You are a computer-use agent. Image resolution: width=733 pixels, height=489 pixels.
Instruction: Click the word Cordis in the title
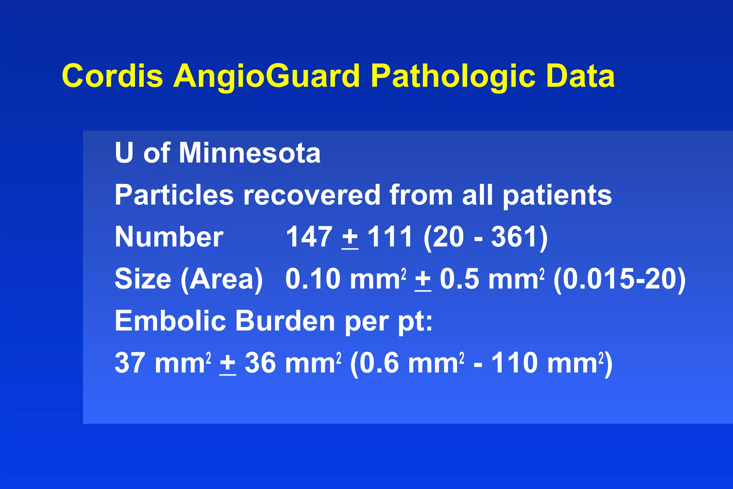coord(112,76)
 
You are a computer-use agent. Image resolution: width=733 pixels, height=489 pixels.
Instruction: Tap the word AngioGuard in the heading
coord(266,76)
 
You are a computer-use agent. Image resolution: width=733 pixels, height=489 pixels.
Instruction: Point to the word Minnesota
coord(249,153)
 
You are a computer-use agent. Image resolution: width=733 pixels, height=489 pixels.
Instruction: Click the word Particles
coord(174,195)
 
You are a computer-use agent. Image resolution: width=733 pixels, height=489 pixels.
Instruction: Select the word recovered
coord(311,195)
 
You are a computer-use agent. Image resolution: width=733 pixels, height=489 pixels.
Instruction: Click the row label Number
coord(169,237)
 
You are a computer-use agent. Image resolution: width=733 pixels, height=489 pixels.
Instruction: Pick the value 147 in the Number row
coord(309,237)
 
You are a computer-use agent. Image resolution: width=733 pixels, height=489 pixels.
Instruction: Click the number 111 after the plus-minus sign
coord(390,237)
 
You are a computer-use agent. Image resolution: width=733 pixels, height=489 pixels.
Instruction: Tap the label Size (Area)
coord(189,279)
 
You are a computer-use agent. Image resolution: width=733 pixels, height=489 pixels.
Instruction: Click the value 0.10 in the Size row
coord(313,279)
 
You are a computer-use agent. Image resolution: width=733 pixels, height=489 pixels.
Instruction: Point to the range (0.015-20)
coord(620,280)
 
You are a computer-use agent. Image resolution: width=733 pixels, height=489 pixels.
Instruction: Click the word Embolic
coord(170,321)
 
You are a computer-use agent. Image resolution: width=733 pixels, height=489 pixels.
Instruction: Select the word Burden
coord(285,321)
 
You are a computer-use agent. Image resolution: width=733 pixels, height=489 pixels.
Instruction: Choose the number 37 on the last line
coord(130,363)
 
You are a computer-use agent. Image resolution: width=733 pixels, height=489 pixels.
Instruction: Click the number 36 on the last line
coord(260,363)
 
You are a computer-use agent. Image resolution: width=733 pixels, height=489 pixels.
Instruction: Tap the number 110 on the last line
coord(514,363)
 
